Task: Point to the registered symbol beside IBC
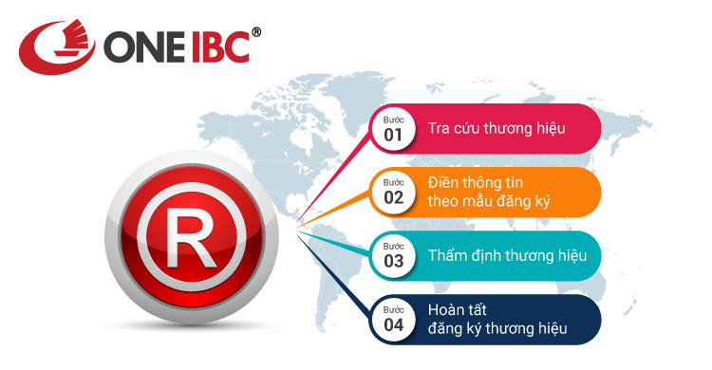pos(256,32)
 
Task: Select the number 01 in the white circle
pos(394,135)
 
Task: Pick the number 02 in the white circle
pos(394,197)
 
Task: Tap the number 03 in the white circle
pos(394,260)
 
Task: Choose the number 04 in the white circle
pos(394,324)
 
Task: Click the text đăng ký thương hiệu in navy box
pos(497,328)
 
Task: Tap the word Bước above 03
pos(393,247)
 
